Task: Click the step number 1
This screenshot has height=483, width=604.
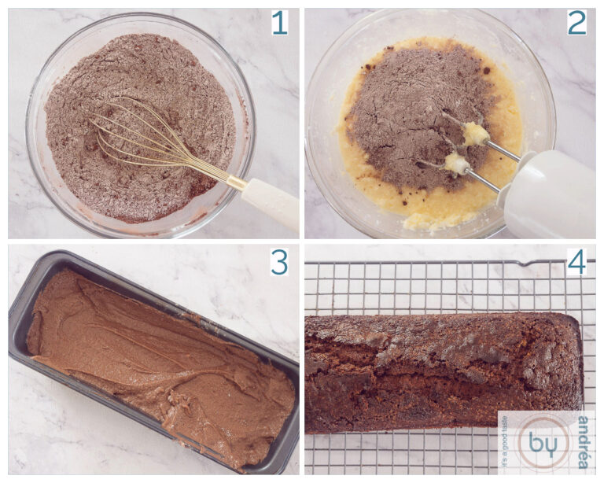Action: (279, 24)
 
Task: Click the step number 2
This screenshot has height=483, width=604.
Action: (576, 24)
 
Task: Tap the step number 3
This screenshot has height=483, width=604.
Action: (279, 262)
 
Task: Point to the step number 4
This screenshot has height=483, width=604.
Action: (576, 262)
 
